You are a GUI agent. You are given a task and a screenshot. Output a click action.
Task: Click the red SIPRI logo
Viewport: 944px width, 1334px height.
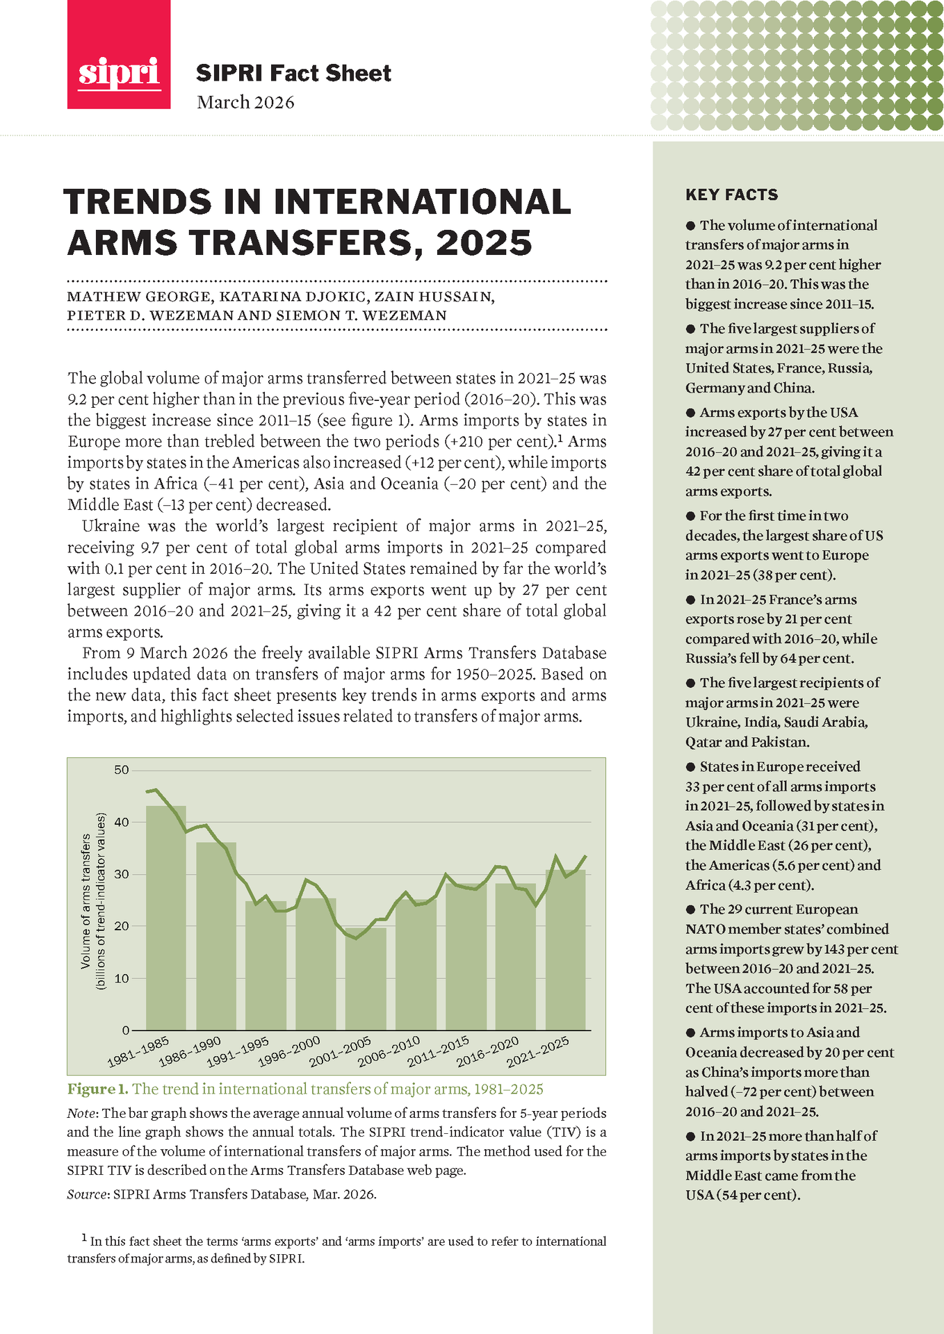coord(118,54)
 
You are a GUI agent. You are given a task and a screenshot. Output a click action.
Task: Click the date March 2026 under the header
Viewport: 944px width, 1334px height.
coord(245,102)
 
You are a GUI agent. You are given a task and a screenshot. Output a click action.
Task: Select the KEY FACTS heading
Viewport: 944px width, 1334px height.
coord(731,195)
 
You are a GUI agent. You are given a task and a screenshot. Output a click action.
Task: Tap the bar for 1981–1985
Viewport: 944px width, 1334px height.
coord(165,917)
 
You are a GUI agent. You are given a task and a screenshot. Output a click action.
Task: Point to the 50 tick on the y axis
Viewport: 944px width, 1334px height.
coord(122,770)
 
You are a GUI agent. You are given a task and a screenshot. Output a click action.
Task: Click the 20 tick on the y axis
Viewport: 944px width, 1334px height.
coord(122,926)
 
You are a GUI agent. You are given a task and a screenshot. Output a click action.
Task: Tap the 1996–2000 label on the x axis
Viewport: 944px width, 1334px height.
coord(289,1051)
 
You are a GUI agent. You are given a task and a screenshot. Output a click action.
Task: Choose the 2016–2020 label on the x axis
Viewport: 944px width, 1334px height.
coord(488,1051)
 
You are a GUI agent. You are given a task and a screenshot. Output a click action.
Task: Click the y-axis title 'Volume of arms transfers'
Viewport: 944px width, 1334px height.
coord(86,901)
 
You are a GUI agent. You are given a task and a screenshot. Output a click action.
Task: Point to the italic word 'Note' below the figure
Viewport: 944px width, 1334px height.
coord(81,1113)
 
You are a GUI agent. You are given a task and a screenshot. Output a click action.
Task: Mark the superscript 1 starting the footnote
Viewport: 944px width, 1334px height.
coord(84,1237)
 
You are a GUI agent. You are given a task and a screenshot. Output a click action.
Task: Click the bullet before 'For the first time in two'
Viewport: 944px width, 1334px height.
coord(690,516)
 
